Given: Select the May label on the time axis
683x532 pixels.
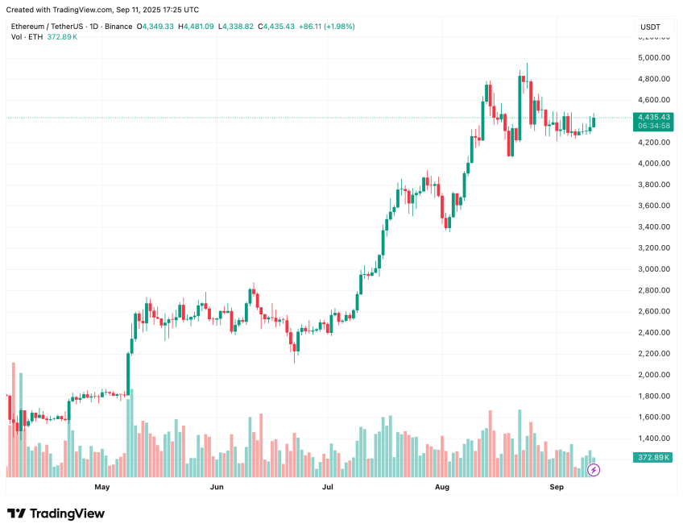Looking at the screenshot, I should [101, 488].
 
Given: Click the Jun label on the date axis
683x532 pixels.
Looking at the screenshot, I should [216, 488].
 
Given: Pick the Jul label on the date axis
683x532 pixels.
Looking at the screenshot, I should [328, 488].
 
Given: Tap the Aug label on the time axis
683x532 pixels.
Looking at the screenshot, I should [441, 488].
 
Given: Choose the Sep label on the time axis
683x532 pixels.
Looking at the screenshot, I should [557, 488].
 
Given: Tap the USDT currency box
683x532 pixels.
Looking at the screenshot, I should [650, 27].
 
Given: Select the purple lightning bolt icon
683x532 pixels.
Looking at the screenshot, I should [594, 470].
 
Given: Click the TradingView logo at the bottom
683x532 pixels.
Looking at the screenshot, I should [56, 513].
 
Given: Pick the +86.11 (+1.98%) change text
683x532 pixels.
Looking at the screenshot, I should [326, 27].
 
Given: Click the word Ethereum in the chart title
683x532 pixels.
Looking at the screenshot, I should [29, 27].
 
